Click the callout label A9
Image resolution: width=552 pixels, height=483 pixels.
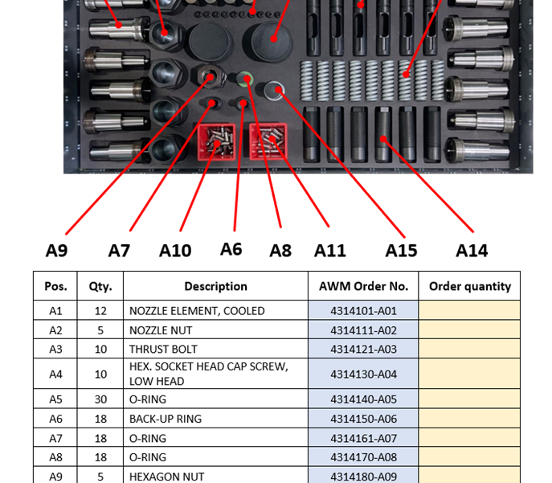[57, 251]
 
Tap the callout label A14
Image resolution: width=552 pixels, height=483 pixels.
[472, 251]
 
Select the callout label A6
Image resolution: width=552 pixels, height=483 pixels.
[231, 249]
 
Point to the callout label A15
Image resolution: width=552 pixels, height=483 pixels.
[401, 251]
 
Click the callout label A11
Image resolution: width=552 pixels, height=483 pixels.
[330, 251]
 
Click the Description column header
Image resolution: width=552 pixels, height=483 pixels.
[216, 286]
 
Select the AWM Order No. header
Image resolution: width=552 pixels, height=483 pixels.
[363, 286]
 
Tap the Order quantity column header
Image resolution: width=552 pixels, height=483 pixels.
[469, 286]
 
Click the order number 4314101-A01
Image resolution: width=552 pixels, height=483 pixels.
[363, 311]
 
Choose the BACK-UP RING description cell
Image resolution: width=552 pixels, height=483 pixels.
[216, 419]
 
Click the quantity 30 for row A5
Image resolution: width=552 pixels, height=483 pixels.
[100, 399]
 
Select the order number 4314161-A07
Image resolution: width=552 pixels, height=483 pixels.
[363, 438]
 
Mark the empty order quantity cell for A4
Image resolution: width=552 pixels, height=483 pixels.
[469, 374]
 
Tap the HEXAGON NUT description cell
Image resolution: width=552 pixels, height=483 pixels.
[216, 476]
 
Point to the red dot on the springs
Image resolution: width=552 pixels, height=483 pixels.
[406, 74]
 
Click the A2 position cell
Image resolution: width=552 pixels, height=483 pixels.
[55, 330]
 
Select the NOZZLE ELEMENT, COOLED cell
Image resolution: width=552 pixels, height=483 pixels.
[216, 311]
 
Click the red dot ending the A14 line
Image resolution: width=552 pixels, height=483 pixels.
[383, 139]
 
